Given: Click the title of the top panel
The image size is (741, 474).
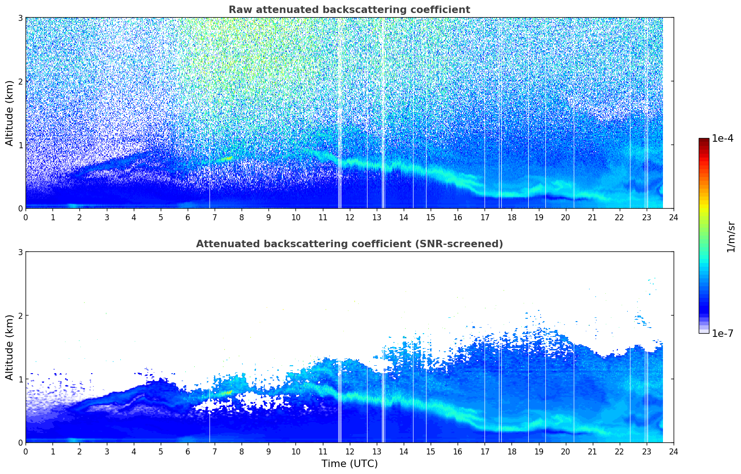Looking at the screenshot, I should [x=349, y=10].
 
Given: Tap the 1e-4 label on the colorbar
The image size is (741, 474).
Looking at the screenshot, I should [x=722, y=138].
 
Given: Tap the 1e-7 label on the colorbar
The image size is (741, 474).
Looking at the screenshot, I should [x=722, y=333].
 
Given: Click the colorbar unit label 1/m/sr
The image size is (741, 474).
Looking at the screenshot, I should [x=731, y=236].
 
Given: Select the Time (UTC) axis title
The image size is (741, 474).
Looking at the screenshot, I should [x=349, y=464].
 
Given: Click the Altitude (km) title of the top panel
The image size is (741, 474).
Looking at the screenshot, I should [x=10, y=113].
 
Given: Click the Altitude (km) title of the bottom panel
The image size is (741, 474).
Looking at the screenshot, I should [x=10, y=347].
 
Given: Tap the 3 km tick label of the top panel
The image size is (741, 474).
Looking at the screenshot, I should [x=20, y=18].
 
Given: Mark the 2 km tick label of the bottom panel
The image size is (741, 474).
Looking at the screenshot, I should [x=20, y=316].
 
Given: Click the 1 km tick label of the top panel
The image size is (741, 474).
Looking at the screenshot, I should [x=20, y=145].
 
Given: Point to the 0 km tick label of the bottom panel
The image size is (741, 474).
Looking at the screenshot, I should [x=20, y=442].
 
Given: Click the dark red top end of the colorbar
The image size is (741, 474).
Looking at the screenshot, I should [x=704, y=140].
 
